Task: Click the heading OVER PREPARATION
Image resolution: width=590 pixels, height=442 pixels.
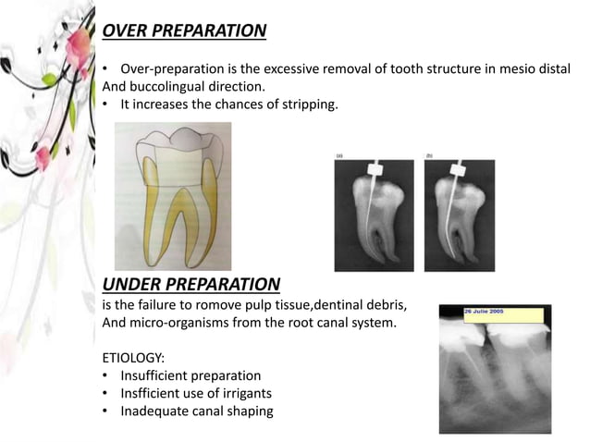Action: (184, 31)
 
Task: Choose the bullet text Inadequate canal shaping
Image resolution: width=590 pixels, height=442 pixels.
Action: (196, 411)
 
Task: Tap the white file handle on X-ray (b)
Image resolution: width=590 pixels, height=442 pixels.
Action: (458, 172)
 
